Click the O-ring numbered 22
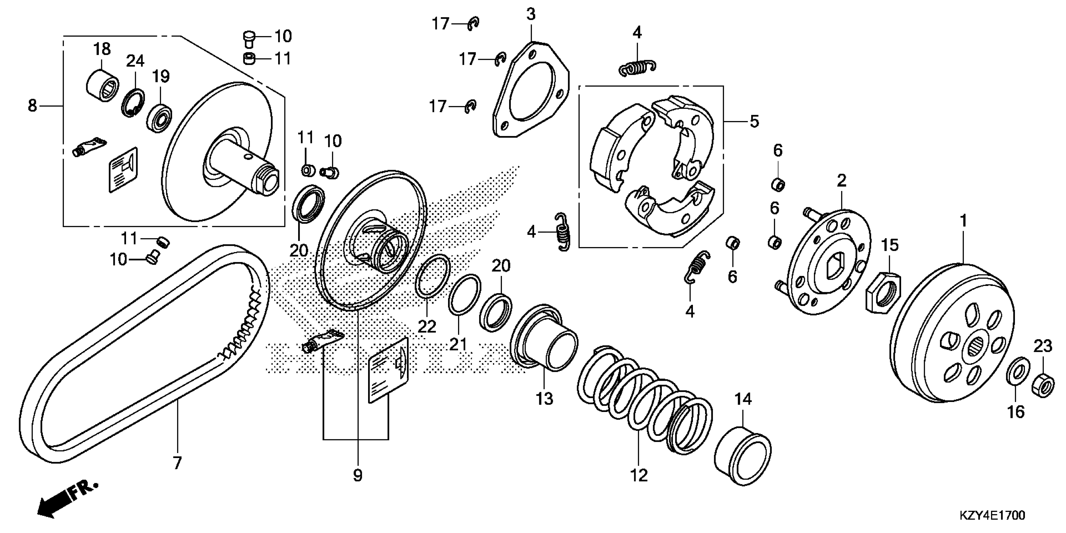[x=432, y=277]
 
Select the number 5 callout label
[x=754, y=122]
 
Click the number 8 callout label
[x=32, y=106]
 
